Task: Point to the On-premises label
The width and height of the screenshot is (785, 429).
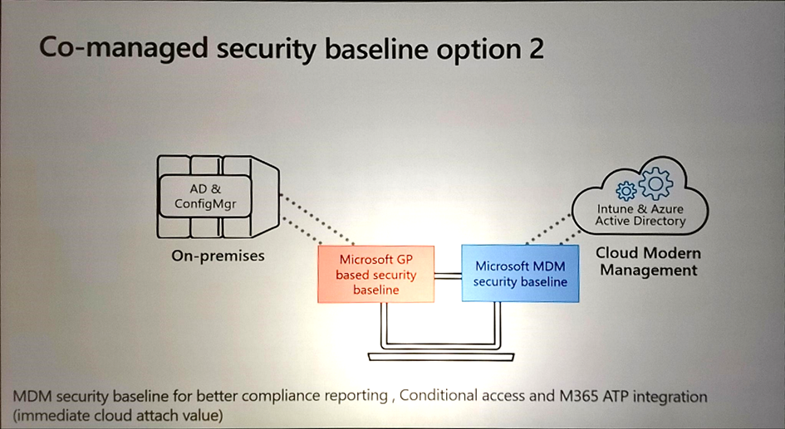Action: click(218, 256)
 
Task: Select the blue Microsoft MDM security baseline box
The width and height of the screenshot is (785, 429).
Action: click(520, 274)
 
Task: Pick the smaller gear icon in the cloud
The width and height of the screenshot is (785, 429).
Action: click(626, 190)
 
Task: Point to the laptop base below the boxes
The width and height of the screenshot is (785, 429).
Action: click(445, 357)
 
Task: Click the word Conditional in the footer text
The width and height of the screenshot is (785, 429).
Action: click(436, 396)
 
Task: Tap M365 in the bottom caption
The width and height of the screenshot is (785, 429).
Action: click(576, 396)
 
